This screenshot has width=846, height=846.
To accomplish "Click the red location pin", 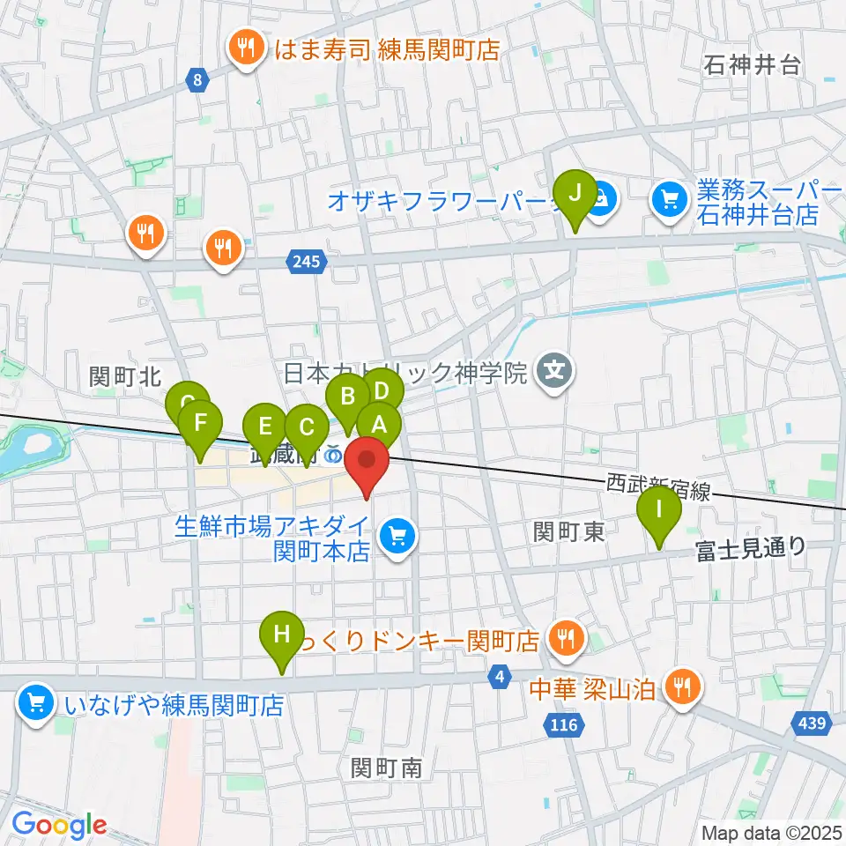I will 365,462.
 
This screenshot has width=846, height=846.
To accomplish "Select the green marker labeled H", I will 281,635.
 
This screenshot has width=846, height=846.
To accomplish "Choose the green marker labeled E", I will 264,428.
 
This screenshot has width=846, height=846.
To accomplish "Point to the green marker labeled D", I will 382,390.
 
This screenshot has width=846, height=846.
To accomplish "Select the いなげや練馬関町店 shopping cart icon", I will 36,704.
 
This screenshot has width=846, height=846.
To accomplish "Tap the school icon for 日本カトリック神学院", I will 555,372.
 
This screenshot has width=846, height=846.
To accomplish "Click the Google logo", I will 59,824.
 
